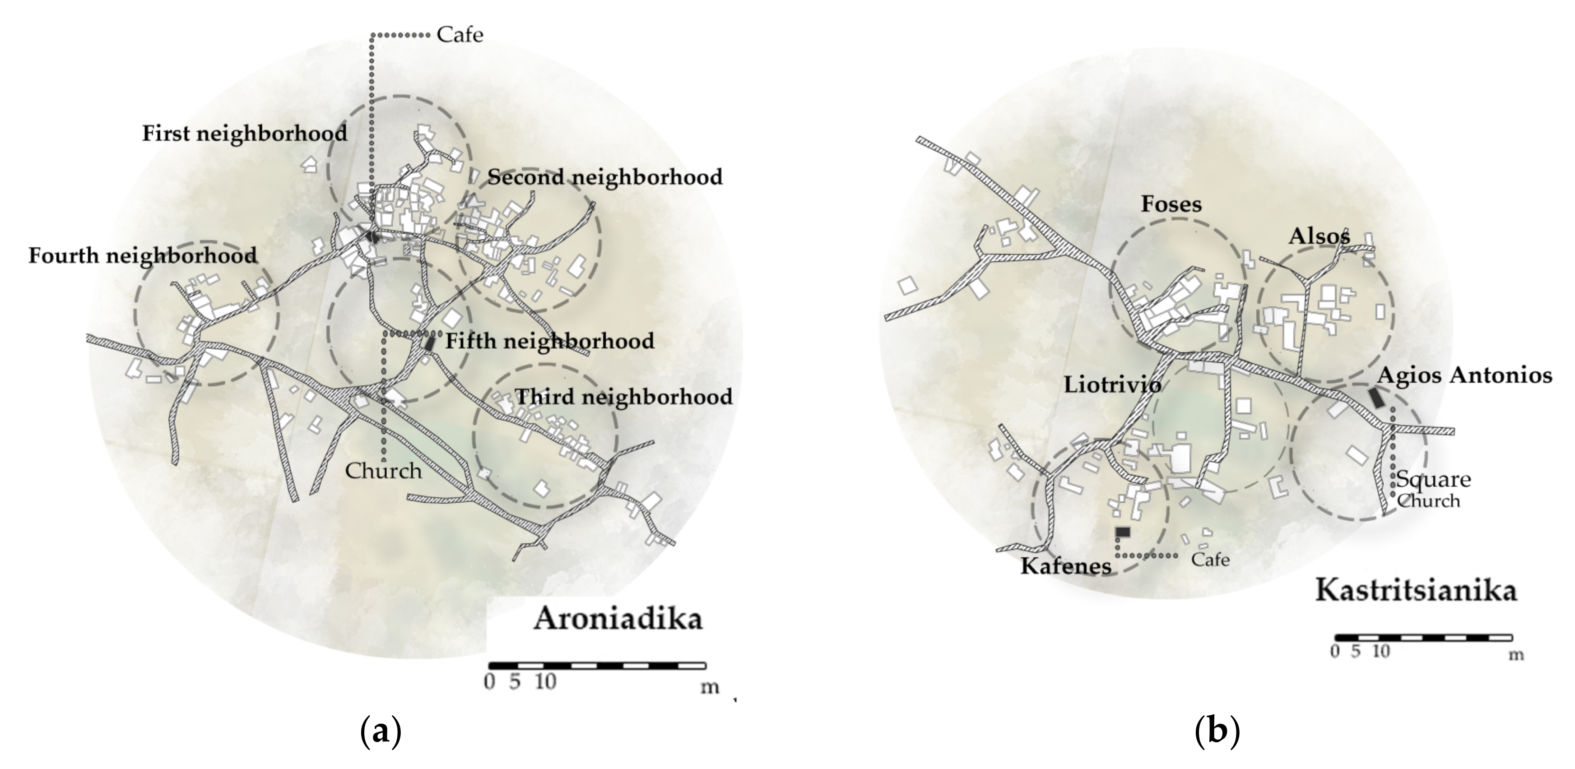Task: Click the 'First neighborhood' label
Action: pyautogui.click(x=245, y=133)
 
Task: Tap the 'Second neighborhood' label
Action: pyautogui.click(x=605, y=177)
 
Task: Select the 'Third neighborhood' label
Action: pyautogui.click(x=624, y=397)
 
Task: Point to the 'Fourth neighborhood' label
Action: pyautogui.click(x=143, y=255)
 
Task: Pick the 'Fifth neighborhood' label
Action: pyautogui.click(x=549, y=341)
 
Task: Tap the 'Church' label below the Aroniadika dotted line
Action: pyautogui.click(x=383, y=471)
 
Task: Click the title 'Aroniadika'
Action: pyautogui.click(x=618, y=619)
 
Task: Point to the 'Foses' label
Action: pyautogui.click(x=1171, y=204)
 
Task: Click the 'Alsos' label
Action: pyautogui.click(x=1319, y=236)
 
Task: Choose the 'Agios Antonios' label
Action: pyautogui.click(x=1464, y=375)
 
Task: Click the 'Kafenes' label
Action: pyautogui.click(x=1066, y=566)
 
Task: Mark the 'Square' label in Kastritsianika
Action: pyautogui.click(x=1433, y=479)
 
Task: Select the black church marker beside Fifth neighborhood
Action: pyautogui.click(x=431, y=343)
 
